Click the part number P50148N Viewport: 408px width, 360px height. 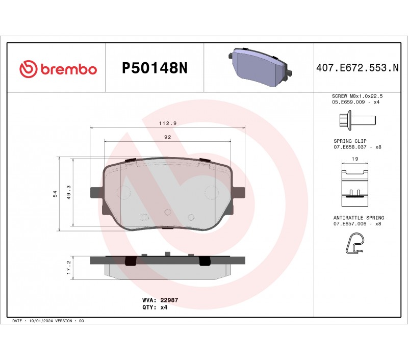tap(155, 68)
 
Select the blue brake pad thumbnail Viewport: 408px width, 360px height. tap(260, 67)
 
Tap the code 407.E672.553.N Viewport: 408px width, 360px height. tap(358, 68)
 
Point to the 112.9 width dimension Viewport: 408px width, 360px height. tap(168, 123)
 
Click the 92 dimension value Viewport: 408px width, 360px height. tap(168, 137)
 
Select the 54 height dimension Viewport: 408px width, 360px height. tap(55, 194)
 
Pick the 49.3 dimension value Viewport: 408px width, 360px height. tap(69, 192)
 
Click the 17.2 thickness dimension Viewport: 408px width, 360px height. tap(69, 267)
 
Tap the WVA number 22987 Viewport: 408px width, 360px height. tap(169, 300)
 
